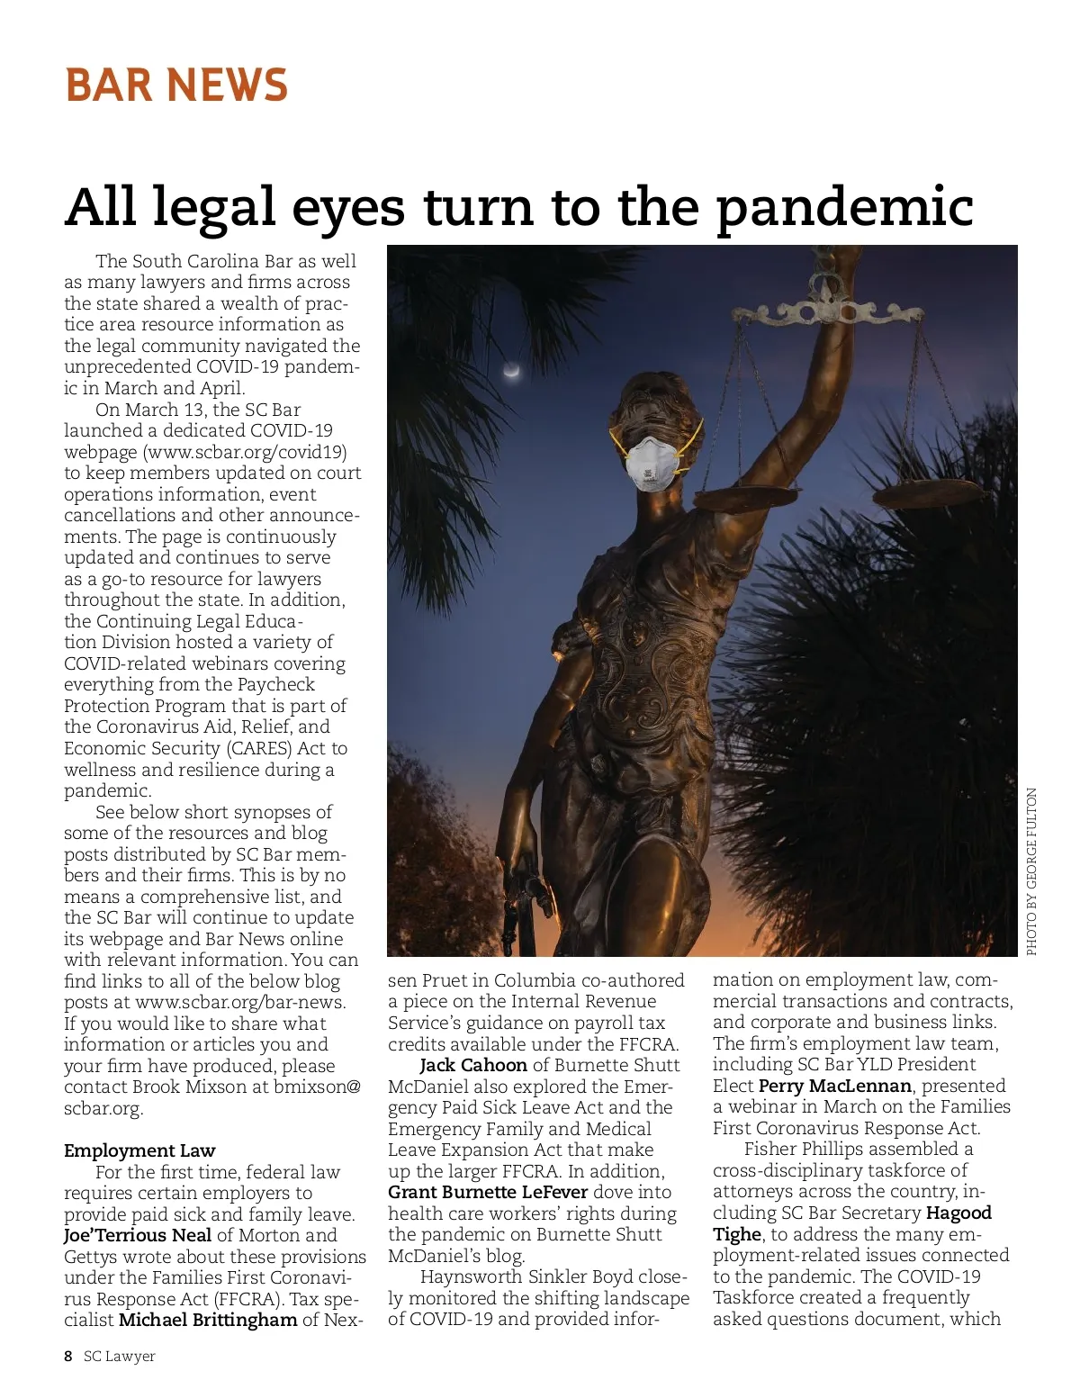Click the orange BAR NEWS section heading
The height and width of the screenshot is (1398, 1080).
[x=176, y=86]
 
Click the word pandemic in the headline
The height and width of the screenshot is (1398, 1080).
[x=845, y=207]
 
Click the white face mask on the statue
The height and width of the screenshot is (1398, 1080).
[x=652, y=462]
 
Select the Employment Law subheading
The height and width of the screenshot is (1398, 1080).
[x=139, y=1150]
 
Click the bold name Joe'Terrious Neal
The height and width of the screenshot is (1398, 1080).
[x=138, y=1235]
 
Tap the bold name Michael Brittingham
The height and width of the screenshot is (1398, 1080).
[x=208, y=1320]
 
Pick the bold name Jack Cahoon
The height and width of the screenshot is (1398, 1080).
[x=473, y=1065]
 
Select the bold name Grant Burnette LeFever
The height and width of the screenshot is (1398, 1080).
[x=488, y=1192]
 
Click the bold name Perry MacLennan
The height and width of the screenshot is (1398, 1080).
[x=834, y=1086]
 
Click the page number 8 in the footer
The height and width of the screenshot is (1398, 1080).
[x=68, y=1357]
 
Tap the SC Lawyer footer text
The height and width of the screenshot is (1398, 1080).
[x=120, y=1357]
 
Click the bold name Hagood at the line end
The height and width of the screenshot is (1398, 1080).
[x=958, y=1213]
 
